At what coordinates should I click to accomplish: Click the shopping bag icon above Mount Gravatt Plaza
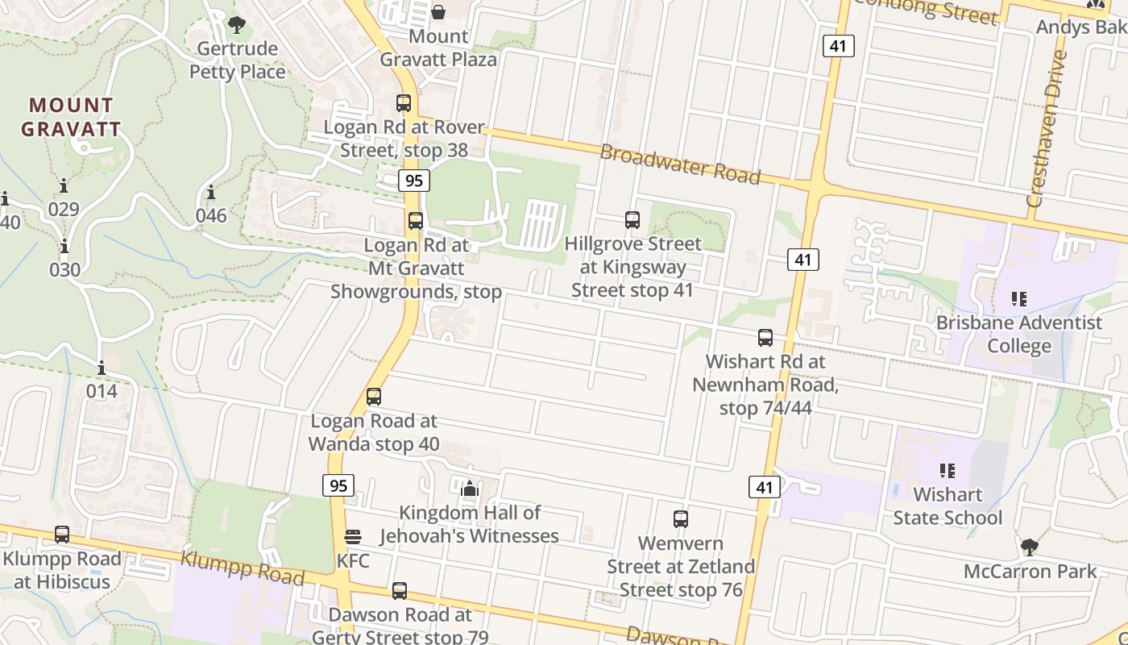coord(438,12)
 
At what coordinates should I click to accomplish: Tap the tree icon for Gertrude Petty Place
coord(237,25)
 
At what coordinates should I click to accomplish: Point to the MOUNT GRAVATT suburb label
coord(71,117)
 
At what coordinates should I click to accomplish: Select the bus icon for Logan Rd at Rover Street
coord(404,103)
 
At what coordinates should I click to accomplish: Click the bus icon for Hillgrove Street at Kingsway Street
coord(632,219)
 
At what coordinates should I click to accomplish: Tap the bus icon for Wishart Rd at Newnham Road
coord(765,338)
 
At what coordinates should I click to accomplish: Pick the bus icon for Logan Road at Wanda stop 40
coord(374,397)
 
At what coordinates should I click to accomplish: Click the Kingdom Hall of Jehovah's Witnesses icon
coord(470,489)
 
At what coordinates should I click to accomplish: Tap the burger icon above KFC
coord(353,537)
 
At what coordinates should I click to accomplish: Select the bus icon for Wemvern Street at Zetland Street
coord(681,519)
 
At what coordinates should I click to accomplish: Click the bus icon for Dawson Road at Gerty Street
coord(400,591)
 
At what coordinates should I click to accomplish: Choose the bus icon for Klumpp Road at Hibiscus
coord(62,535)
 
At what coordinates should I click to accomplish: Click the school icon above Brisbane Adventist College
coord(1019,299)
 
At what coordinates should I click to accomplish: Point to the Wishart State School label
coord(948,506)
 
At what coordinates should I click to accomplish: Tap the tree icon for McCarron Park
coord(1029,547)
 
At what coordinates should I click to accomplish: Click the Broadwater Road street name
coord(680,164)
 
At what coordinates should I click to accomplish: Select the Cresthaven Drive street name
coord(1047,129)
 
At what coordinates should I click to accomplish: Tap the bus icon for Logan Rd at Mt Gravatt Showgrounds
coord(416,221)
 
